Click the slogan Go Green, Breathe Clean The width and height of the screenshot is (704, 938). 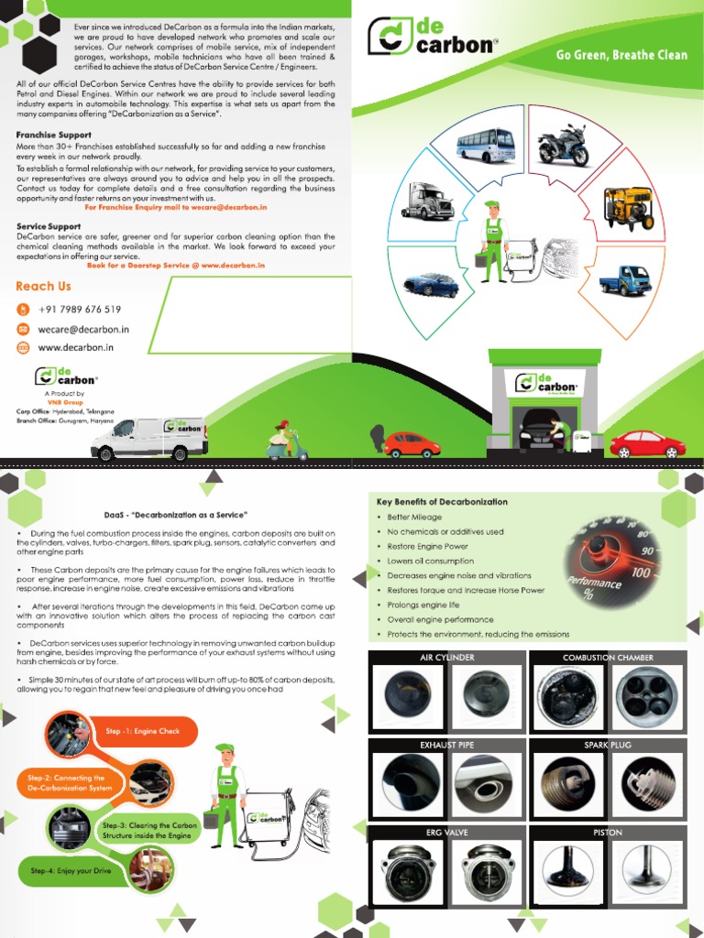[x=621, y=55]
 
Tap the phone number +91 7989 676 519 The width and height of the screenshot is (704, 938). [x=79, y=310]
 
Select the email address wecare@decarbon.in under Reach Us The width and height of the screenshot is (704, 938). [x=83, y=329]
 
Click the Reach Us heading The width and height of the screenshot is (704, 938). [x=43, y=287]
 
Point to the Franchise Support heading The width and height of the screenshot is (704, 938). [x=54, y=134]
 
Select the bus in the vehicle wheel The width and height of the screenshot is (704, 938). [x=485, y=145]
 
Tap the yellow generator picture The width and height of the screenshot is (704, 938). [x=629, y=208]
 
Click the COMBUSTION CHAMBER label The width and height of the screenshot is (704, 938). [x=608, y=658]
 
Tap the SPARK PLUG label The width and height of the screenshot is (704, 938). [x=608, y=745]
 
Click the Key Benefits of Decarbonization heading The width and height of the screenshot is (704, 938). [x=442, y=502]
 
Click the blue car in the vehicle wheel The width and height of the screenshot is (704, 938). [x=431, y=284]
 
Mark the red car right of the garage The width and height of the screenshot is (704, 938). [x=647, y=444]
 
